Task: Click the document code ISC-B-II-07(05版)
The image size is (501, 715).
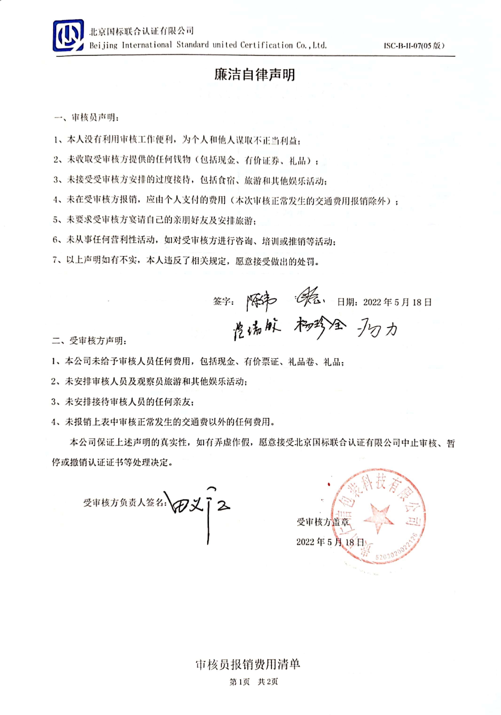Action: tap(414, 46)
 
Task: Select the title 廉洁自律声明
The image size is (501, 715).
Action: tap(254, 75)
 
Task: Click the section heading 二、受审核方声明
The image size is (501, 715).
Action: tap(89, 341)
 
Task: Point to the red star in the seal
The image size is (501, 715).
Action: tap(377, 517)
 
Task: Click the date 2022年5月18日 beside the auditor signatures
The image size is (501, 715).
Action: tap(384, 302)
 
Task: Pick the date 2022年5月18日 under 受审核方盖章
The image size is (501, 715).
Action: tap(330, 542)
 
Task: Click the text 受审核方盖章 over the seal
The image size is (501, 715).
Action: tap(323, 522)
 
